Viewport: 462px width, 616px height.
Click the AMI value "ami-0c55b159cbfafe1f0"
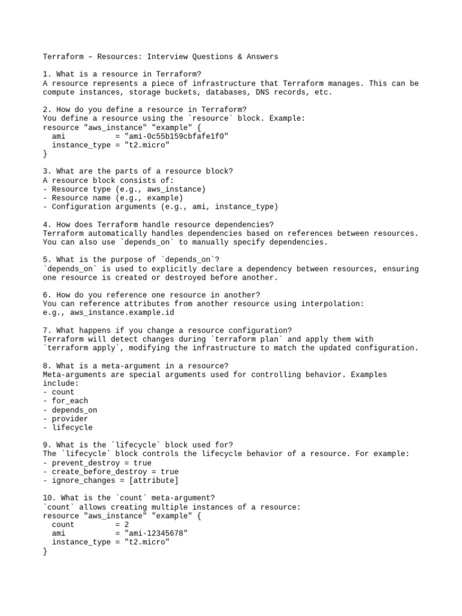click(171, 136)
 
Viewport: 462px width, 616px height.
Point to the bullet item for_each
click(70, 401)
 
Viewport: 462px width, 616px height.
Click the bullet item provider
click(70, 419)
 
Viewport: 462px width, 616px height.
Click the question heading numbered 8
click(136, 366)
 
